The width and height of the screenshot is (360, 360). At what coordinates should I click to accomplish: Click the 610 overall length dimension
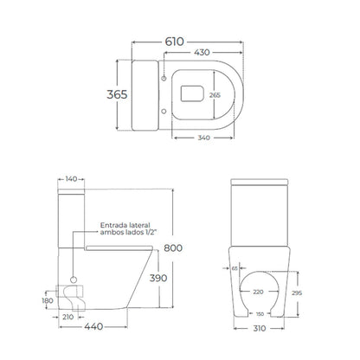pyautogui.click(x=174, y=42)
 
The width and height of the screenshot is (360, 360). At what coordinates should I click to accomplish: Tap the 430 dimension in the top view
pyautogui.click(x=202, y=53)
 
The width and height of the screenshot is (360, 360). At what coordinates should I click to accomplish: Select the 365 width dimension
pyautogui.click(x=117, y=94)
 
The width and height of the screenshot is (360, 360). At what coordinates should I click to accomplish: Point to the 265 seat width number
pyautogui.click(x=215, y=95)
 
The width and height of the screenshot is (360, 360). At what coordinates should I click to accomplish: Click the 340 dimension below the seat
pyautogui.click(x=203, y=138)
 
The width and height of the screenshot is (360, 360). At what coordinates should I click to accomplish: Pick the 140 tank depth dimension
pyautogui.click(x=71, y=179)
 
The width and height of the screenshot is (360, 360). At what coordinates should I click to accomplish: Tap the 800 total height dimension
pyautogui.click(x=173, y=248)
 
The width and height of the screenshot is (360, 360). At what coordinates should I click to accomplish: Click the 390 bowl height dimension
pyautogui.click(x=158, y=278)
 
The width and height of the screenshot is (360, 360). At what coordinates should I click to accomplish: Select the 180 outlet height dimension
pyautogui.click(x=48, y=300)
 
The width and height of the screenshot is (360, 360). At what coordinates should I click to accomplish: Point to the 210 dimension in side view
pyautogui.click(x=68, y=317)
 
